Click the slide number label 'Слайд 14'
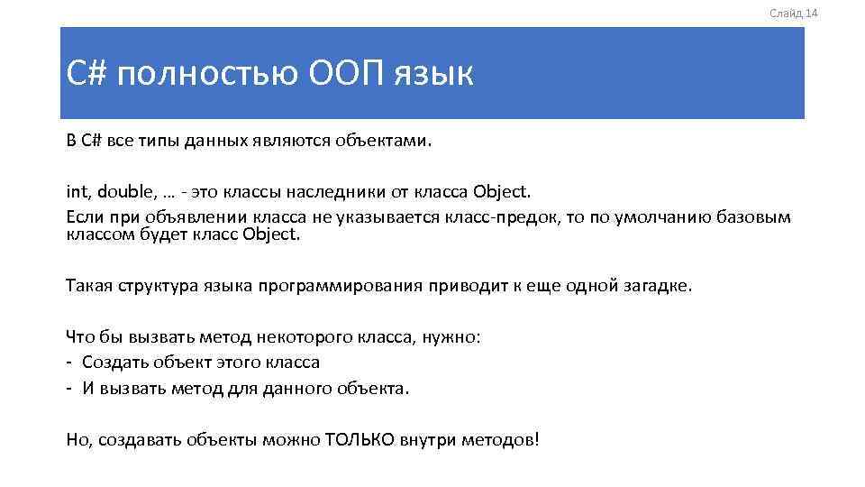click(793, 13)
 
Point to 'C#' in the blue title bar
click(86, 74)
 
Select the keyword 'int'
click(76, 192)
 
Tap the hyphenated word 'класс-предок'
click(506, 219)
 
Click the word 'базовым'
click(753, 219)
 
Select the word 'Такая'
click(87, 286)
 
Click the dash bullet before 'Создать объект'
click(69, 363)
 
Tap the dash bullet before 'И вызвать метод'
click(69, 389)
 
